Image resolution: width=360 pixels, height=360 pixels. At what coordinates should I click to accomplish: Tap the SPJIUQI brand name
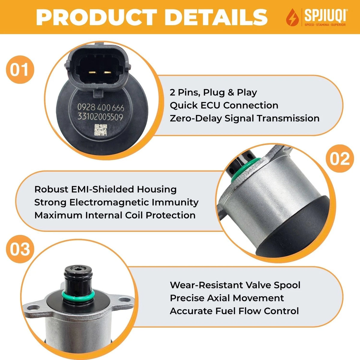coord(325,15)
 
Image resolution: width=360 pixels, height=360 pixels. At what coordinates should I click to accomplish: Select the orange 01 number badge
coord(20,70)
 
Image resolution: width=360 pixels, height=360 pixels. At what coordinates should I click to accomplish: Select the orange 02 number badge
coord(340,158)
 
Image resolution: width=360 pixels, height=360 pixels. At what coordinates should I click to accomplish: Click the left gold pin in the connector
coord(92,73)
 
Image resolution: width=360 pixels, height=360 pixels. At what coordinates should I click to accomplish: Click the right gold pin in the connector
coord(108,73)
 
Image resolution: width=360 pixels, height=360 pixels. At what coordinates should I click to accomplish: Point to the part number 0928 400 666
coord(101,108)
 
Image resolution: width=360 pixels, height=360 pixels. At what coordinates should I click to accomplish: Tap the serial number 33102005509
coord(100,117)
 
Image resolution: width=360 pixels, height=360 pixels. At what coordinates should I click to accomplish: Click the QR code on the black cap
coord(101,130)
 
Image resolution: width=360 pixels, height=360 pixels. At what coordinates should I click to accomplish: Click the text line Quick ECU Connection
coord(224,106)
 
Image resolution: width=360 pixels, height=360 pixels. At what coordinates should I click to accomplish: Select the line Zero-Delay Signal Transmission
coord(244,118)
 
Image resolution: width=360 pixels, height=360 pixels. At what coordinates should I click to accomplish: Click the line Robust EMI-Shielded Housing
coord(105,189)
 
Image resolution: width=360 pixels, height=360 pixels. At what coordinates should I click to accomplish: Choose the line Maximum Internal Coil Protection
coord(115,215)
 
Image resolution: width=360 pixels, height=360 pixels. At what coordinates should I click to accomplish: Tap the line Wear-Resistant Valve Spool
coord(235,285)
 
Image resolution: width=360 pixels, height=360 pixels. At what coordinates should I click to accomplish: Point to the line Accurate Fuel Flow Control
coord(234,311)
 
